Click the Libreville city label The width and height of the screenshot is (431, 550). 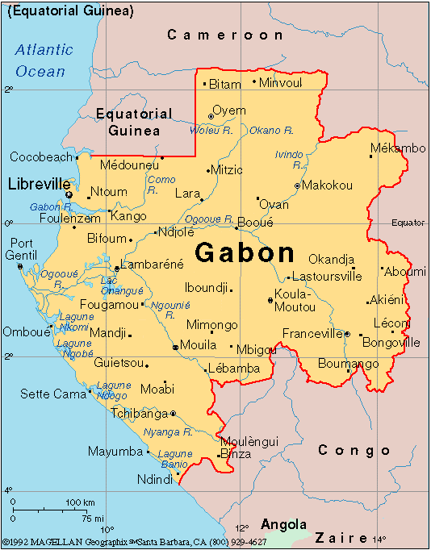pyautogui.click(x=39, y=184)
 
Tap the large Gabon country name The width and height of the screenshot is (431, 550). pyautogui.click(x=245, y=252)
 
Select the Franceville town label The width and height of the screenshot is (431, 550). pyautogui.click(x=312, y=333)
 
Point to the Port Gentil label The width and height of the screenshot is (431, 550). pyautogui.click(x=23, y=249)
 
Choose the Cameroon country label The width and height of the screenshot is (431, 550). pyautogui.click(x=225, y=35)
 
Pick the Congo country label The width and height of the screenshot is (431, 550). pyautogui.click(x=354, y=450)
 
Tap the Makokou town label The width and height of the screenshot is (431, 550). pyautogui.click(x=327, y=185)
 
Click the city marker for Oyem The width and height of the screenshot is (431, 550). pyautogui.click(x=211, y=116)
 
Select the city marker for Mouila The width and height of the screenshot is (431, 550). pyautogui.click(x=175, y=348)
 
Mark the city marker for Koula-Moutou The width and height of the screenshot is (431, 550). pyautogui.click(x=270, y=300)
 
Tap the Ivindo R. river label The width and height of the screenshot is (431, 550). pyautogui.click(x=290, y=159)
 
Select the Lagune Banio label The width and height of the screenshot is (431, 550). pyautogui.click(x=174, y=459)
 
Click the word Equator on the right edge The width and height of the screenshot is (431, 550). pyautogui.click(x=408, y=223)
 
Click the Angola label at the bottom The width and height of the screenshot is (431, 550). pyautogui.click(x=283, y=523)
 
